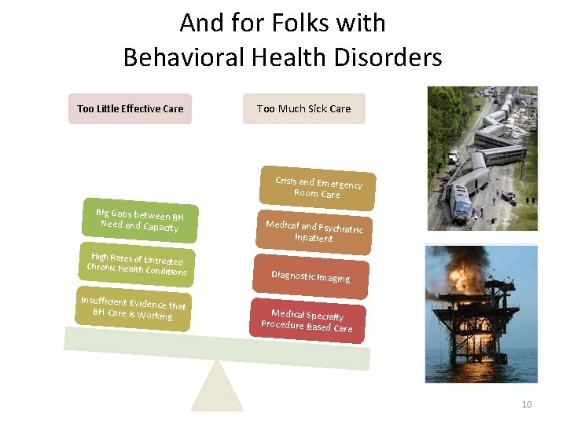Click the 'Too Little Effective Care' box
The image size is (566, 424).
pyautogui.click(x=130, y=109)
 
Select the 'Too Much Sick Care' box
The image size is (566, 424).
pyautogui.click(x=304, y=109)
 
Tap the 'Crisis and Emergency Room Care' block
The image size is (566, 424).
pyautogui.click(x=318, y=188)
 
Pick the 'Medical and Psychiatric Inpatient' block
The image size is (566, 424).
pyautogui.click(x=314, y=232)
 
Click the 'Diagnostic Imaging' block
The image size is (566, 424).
pyautogui.click(x=311, y=276)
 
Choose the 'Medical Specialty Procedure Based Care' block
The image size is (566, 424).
pyautogui.click(x=307, y=320)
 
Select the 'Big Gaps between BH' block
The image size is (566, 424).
pyautogui.click(x=141, y=221)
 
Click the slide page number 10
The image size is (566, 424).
pyautogui.click(x=527, y=404)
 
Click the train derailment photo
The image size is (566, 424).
pyautogui.click(x=482, y=158)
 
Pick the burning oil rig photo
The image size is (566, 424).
pyautogui.click(x=481, y=313)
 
